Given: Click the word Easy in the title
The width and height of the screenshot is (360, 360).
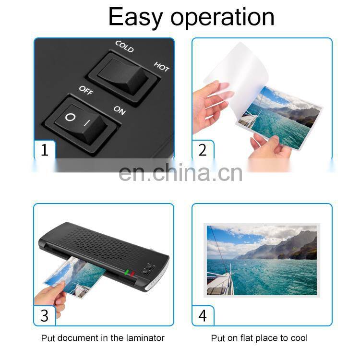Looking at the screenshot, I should [136, 17].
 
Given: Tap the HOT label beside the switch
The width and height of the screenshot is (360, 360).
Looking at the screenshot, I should [161, 67].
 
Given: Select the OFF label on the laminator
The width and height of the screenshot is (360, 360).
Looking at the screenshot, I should [86, 90].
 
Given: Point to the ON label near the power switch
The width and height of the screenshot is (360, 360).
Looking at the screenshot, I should [120, 110].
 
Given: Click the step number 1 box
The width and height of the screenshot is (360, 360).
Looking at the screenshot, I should [45, 150].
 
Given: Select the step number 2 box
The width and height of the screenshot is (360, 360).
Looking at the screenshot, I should [203, 150].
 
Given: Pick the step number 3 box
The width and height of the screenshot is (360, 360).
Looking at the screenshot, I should [45, 315].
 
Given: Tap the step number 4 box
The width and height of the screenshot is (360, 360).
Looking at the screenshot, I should [203, 315].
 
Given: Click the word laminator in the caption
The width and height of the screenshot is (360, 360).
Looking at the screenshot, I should [144, 338].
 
